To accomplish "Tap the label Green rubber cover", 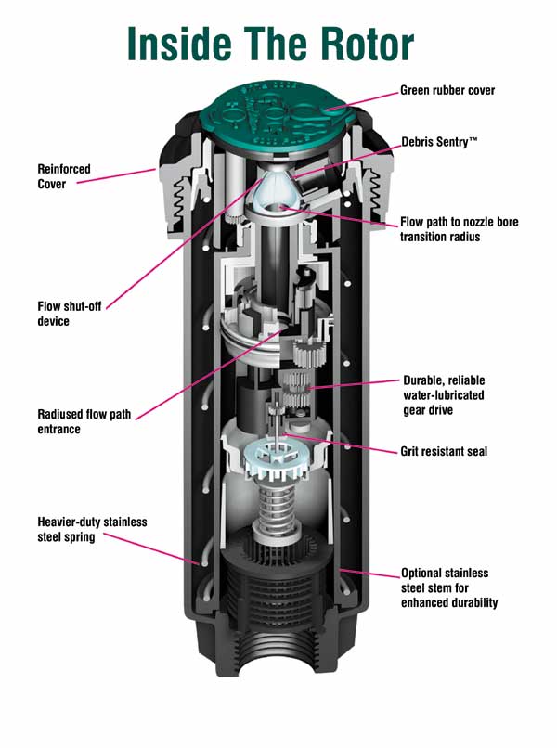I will [447, 91].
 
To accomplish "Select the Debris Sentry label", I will [439, 143].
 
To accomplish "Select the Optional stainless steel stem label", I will [449, 587].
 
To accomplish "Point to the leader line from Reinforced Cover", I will [116, 177].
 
